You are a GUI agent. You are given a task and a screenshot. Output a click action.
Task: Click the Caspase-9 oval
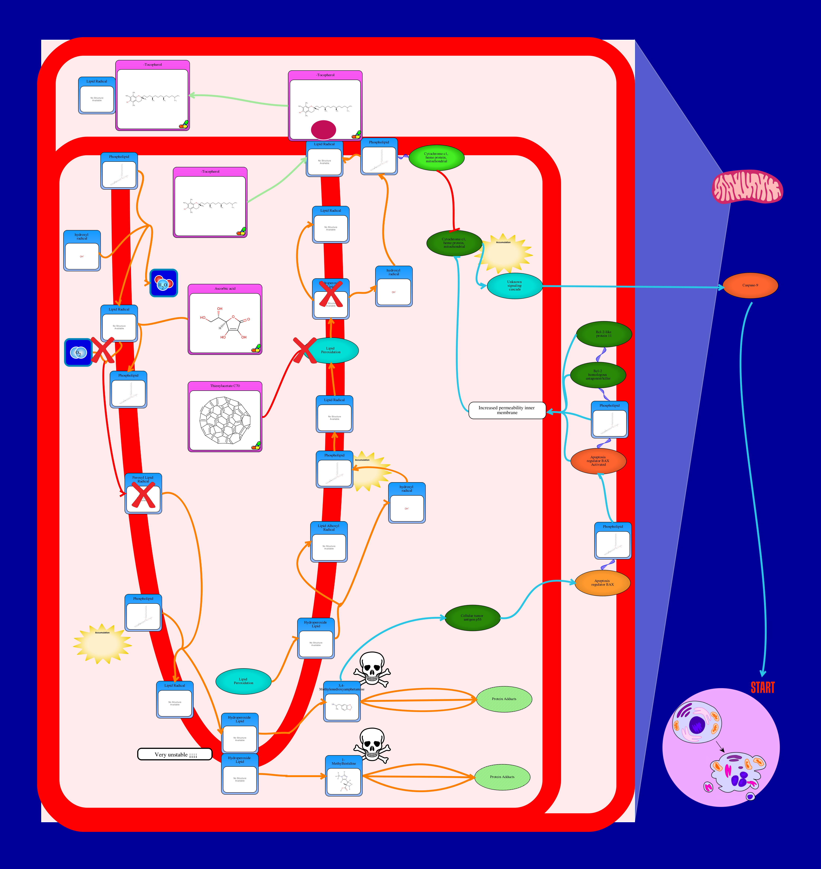tap(750, 285)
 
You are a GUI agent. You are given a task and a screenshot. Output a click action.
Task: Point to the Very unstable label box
tap(175, 754)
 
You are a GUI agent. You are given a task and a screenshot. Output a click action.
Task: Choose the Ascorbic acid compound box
tap(225, 319)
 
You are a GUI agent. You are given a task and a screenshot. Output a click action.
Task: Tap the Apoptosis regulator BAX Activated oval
tap(598, 461)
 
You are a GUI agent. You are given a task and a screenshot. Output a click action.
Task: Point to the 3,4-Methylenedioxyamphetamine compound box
tap(342, 701)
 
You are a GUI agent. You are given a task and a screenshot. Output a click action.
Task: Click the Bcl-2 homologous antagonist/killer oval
tap(598, 375)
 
